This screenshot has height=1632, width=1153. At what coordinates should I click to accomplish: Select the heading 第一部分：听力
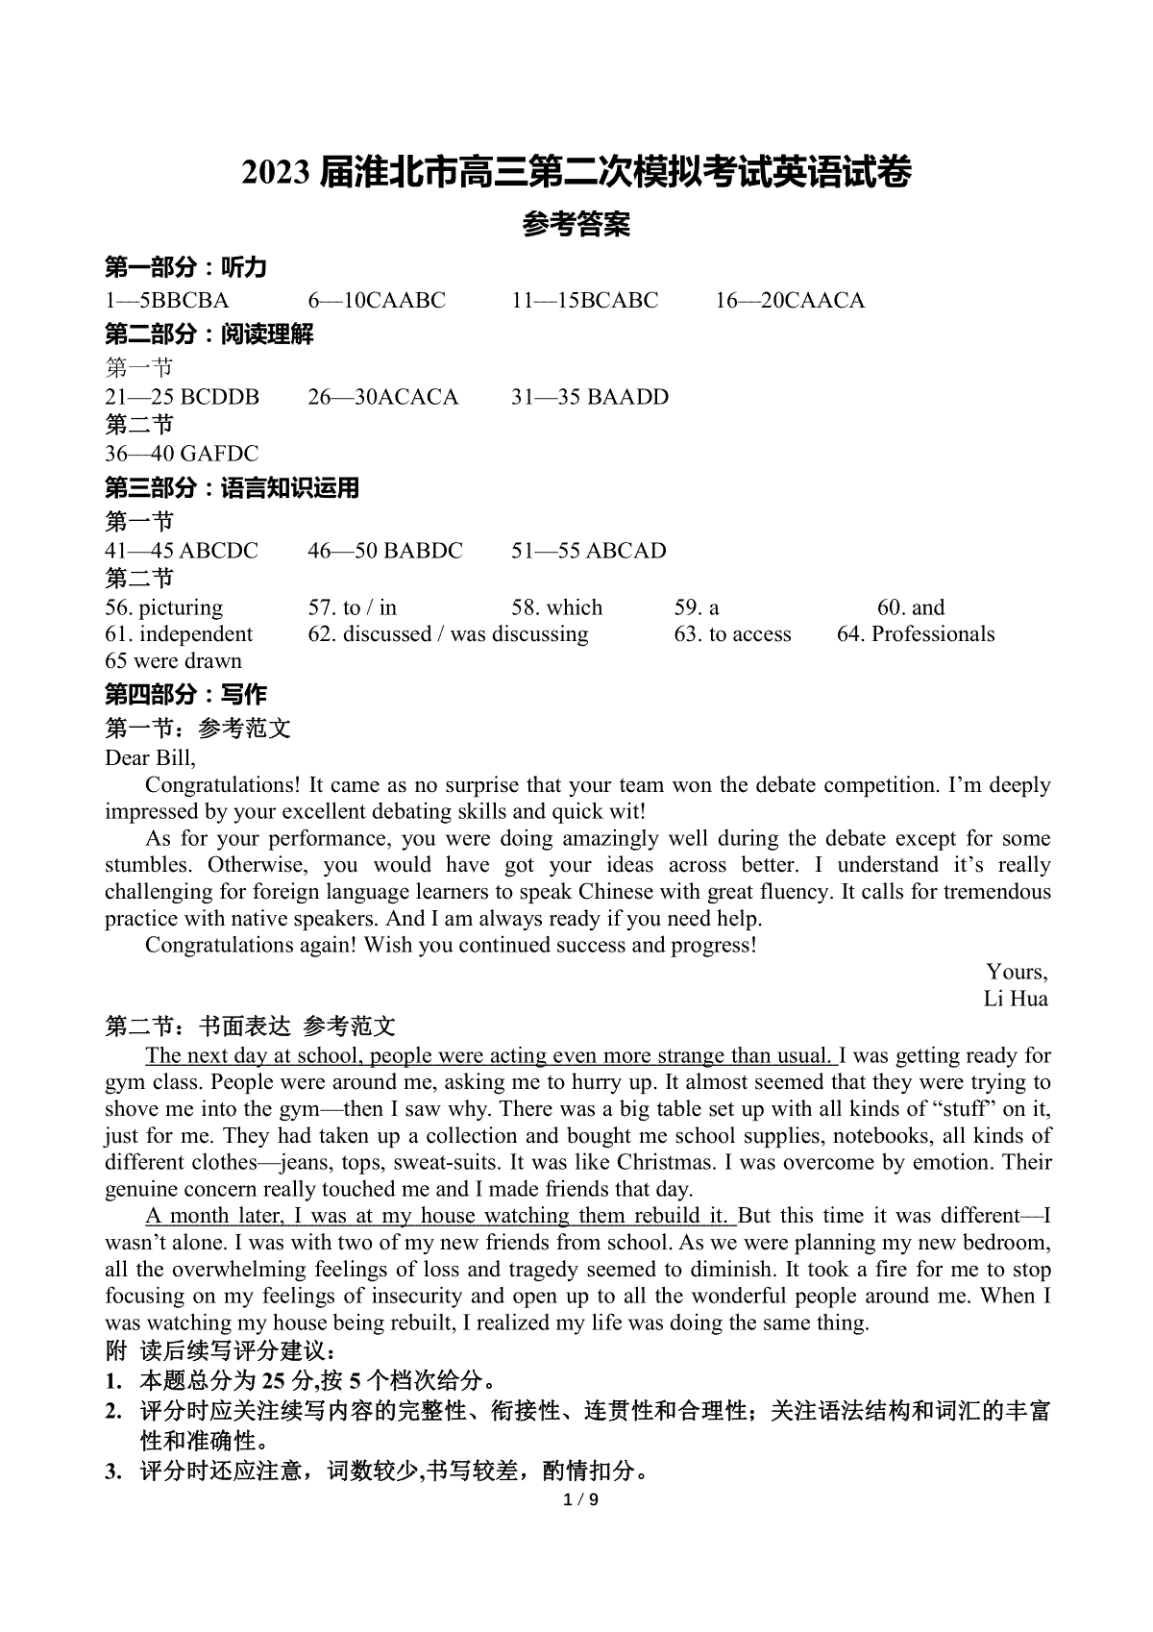click(185, 268)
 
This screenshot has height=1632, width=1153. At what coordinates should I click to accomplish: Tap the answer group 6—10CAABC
click(377, 301)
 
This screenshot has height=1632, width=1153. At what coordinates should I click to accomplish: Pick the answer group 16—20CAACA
click(790, 301)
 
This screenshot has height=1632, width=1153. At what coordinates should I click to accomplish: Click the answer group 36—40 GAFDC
click(182, 454)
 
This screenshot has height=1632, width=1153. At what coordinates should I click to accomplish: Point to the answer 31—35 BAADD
click(590, 397)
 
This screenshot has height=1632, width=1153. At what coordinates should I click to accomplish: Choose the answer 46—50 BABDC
click(385, 551)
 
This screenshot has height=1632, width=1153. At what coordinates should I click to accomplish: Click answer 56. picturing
click(163, 607)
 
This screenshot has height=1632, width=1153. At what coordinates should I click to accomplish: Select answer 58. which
click(557, 607)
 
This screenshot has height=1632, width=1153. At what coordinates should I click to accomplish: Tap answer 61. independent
click(179, 634)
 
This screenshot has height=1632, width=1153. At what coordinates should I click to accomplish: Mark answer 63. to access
click(733, 634)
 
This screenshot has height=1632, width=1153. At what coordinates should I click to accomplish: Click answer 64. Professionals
click(916, 634)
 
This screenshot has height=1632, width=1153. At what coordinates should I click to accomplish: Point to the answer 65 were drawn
click(173, 661)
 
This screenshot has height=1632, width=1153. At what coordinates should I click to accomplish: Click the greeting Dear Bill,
click(150, 757)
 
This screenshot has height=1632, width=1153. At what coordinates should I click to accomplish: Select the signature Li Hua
click(1016, 999)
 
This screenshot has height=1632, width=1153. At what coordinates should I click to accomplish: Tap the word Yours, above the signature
click(1017, 972)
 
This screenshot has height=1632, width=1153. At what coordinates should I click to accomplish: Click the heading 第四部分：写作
click(185, 695)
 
